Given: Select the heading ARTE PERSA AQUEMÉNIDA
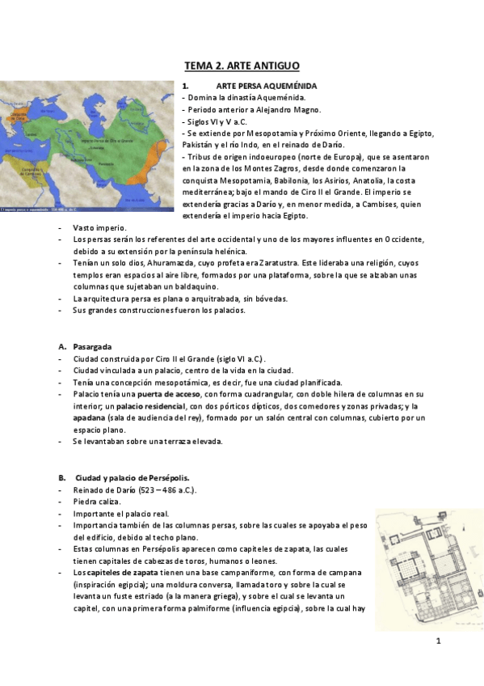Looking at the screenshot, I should [x=265, y=86].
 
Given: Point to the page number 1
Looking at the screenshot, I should [x=437, y=642].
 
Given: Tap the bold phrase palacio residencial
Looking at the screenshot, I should [x=149, y=405].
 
